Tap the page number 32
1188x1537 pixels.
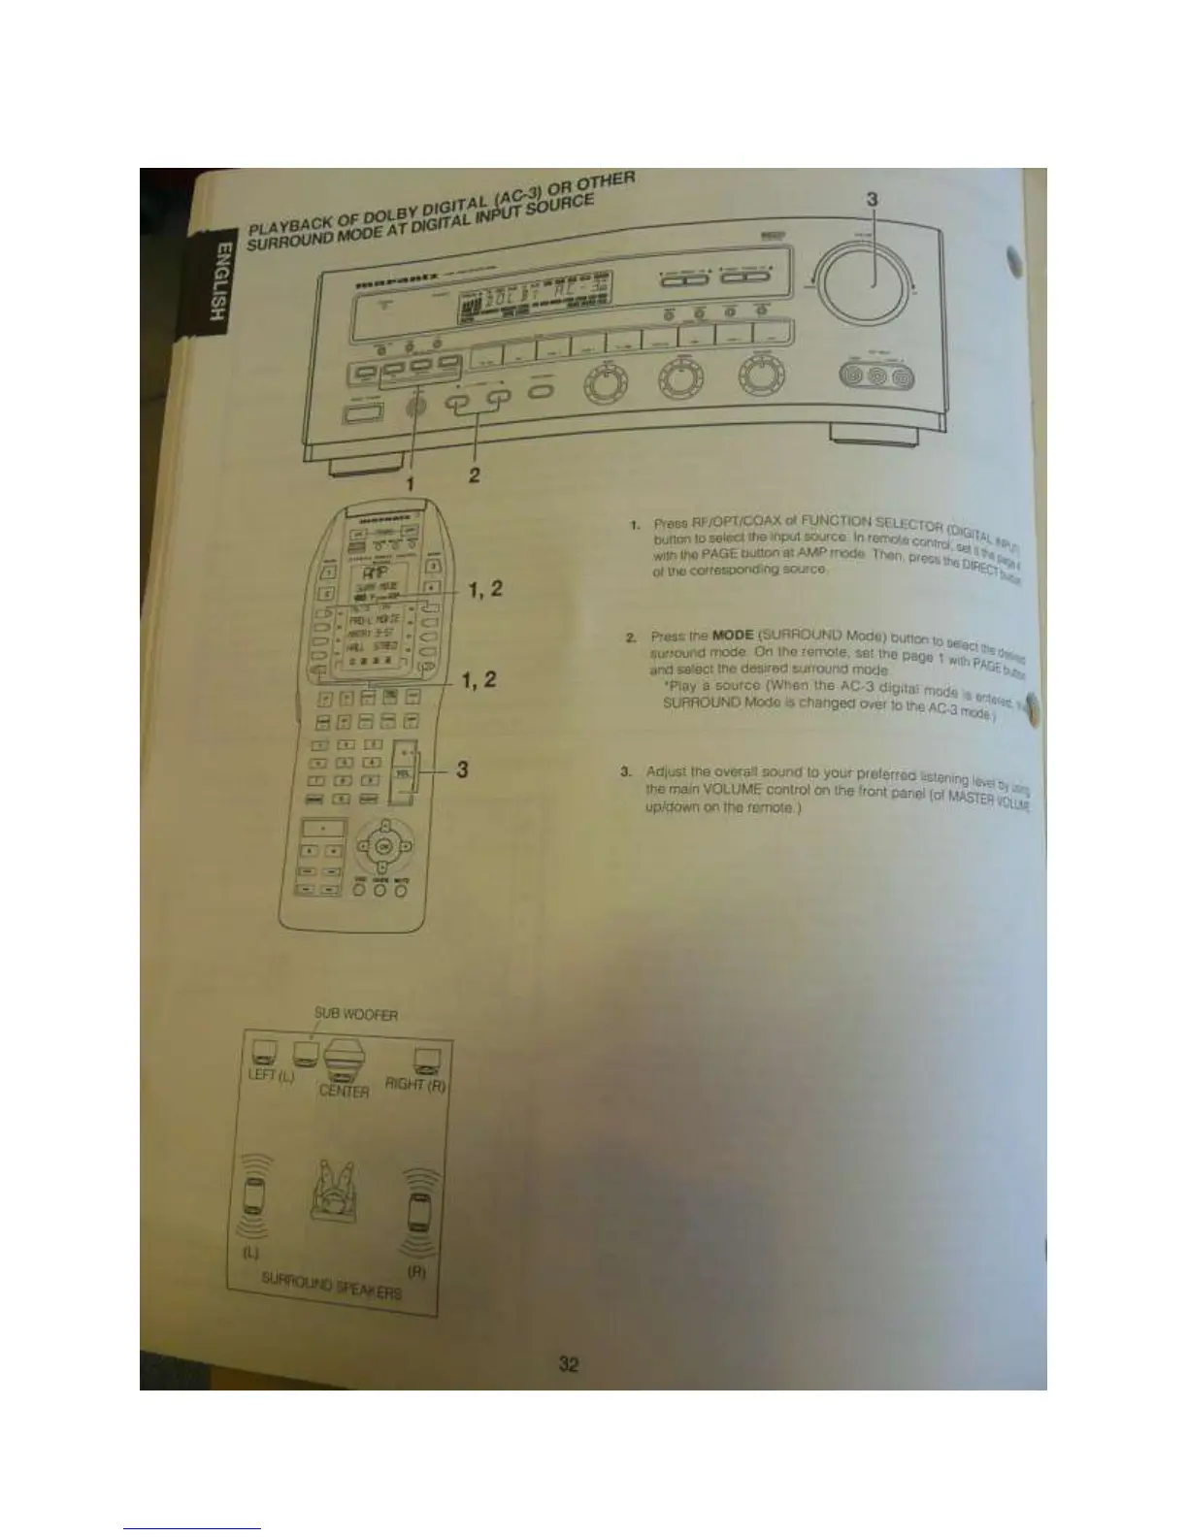point(569,1363)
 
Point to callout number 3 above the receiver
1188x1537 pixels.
point(871,199)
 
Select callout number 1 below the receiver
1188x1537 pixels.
point(411,481)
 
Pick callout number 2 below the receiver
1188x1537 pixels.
point(475,475)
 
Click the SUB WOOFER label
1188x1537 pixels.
point(355,1015)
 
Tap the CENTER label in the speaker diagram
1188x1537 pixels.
point(344,1092)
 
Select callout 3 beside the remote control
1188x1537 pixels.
point(463,769)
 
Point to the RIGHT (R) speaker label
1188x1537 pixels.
point(414,1084)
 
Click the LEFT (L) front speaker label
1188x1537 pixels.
point(271,1077)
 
